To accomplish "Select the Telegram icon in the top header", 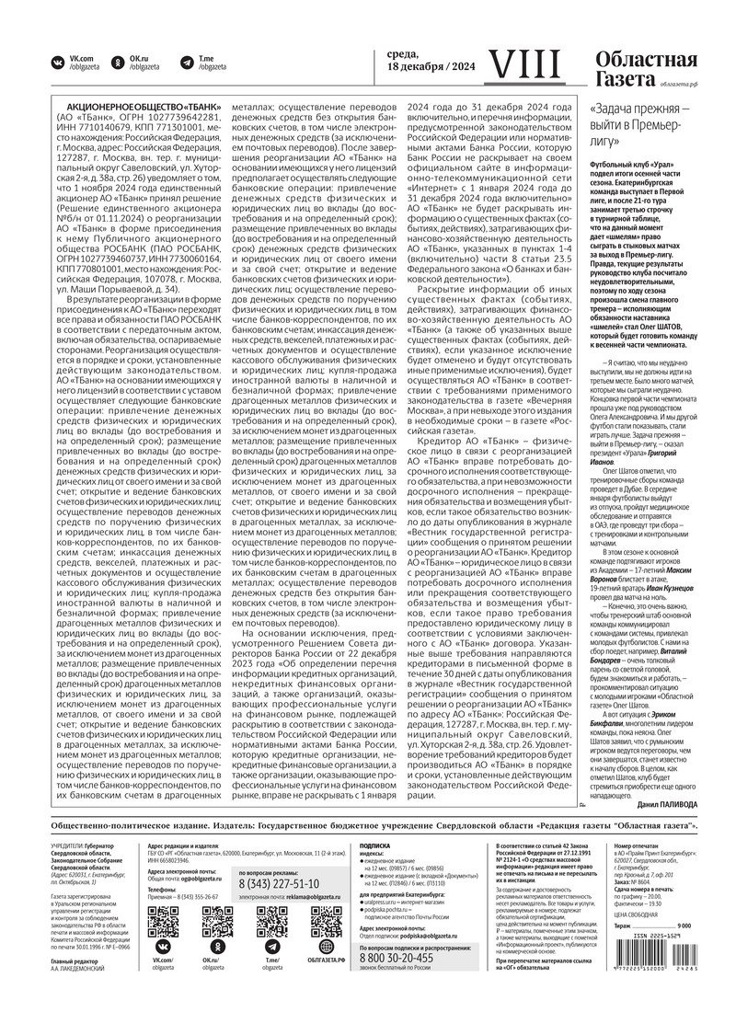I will click(181, 63).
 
